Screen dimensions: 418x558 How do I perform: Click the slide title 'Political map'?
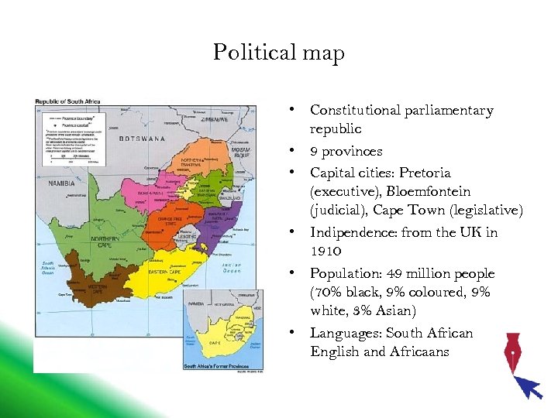click(x=278, y=53)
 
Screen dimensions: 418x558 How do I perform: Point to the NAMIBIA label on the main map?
click(x=61, y=183)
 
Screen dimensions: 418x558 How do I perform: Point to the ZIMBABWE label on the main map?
click(x=213, y=120)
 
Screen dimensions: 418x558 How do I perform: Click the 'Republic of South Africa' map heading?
click(x=69, y=101)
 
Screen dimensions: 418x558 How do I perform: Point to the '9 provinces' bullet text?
click(x=346, y=151)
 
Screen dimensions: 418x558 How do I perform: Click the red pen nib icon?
click(x=512, y=352)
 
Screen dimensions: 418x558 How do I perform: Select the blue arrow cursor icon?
click(x=530, y=385)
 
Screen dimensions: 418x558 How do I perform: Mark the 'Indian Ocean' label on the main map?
click(x=232, y=267)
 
